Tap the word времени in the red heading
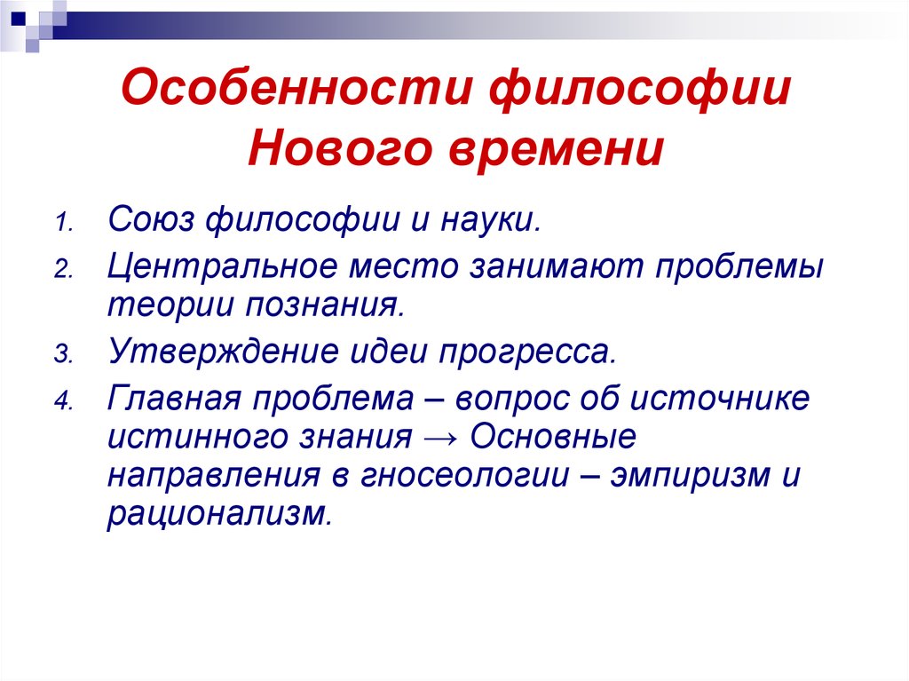(557, 150)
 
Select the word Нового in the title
(340, 148)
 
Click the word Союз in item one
(151, 220)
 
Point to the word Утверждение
(223, 352)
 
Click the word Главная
(174, 399)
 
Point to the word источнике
(719, 399)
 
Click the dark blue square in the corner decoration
(19, 19)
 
